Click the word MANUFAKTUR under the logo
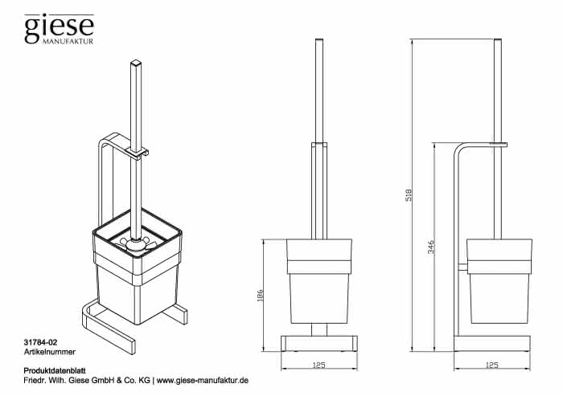[x=68, y=41]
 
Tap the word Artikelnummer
[x=50, y=352]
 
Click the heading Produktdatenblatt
[x=55, y=370]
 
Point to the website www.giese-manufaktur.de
[x=203, y=380]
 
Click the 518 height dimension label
[x=409, y=194]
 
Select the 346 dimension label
[x=431, y=247]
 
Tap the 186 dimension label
[x=261, y=296]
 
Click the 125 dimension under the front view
[x=318, y=365]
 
